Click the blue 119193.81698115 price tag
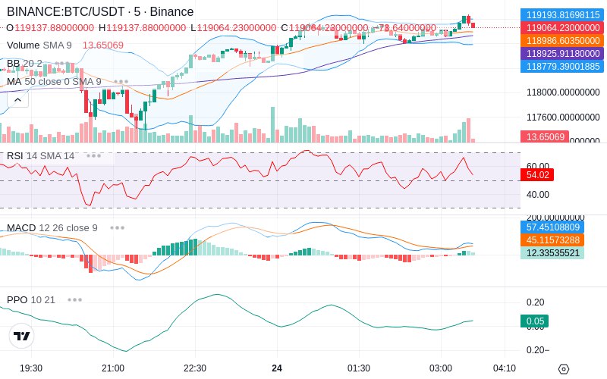point(562,14)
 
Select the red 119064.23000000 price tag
point(562,27)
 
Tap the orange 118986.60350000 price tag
point(562,40)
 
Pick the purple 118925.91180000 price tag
point(562,54)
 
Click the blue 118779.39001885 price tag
point(562,67)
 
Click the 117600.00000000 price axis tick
point(563,117)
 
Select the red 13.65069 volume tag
point(544,137)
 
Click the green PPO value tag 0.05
point(535,321)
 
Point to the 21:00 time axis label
point(113,368)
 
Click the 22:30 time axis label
point(195,368)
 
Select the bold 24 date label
point(277,368)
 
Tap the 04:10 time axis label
point(505,368)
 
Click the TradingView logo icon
point(22,336)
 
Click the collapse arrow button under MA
point(17,99)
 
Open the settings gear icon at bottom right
point(563,369)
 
